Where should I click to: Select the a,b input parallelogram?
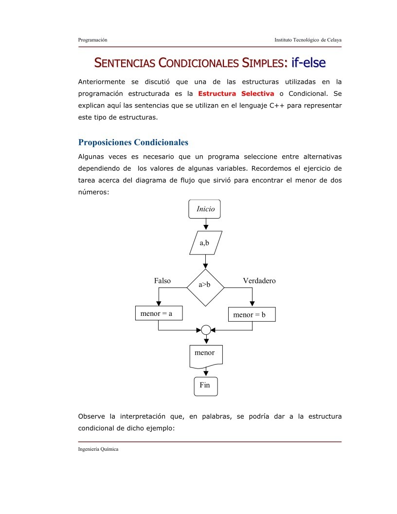(205, 243)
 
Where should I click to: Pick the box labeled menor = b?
(252, 314)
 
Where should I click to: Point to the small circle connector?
(205, 330)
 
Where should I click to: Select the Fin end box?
(205, 385)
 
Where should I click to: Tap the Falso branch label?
(162, 281)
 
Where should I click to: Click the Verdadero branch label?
(259, 281)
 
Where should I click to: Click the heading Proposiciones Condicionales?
(133, 143)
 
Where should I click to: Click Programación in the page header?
(92, 39)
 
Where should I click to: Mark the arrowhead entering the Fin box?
(205, 373)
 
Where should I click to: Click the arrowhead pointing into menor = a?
(158, 303)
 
